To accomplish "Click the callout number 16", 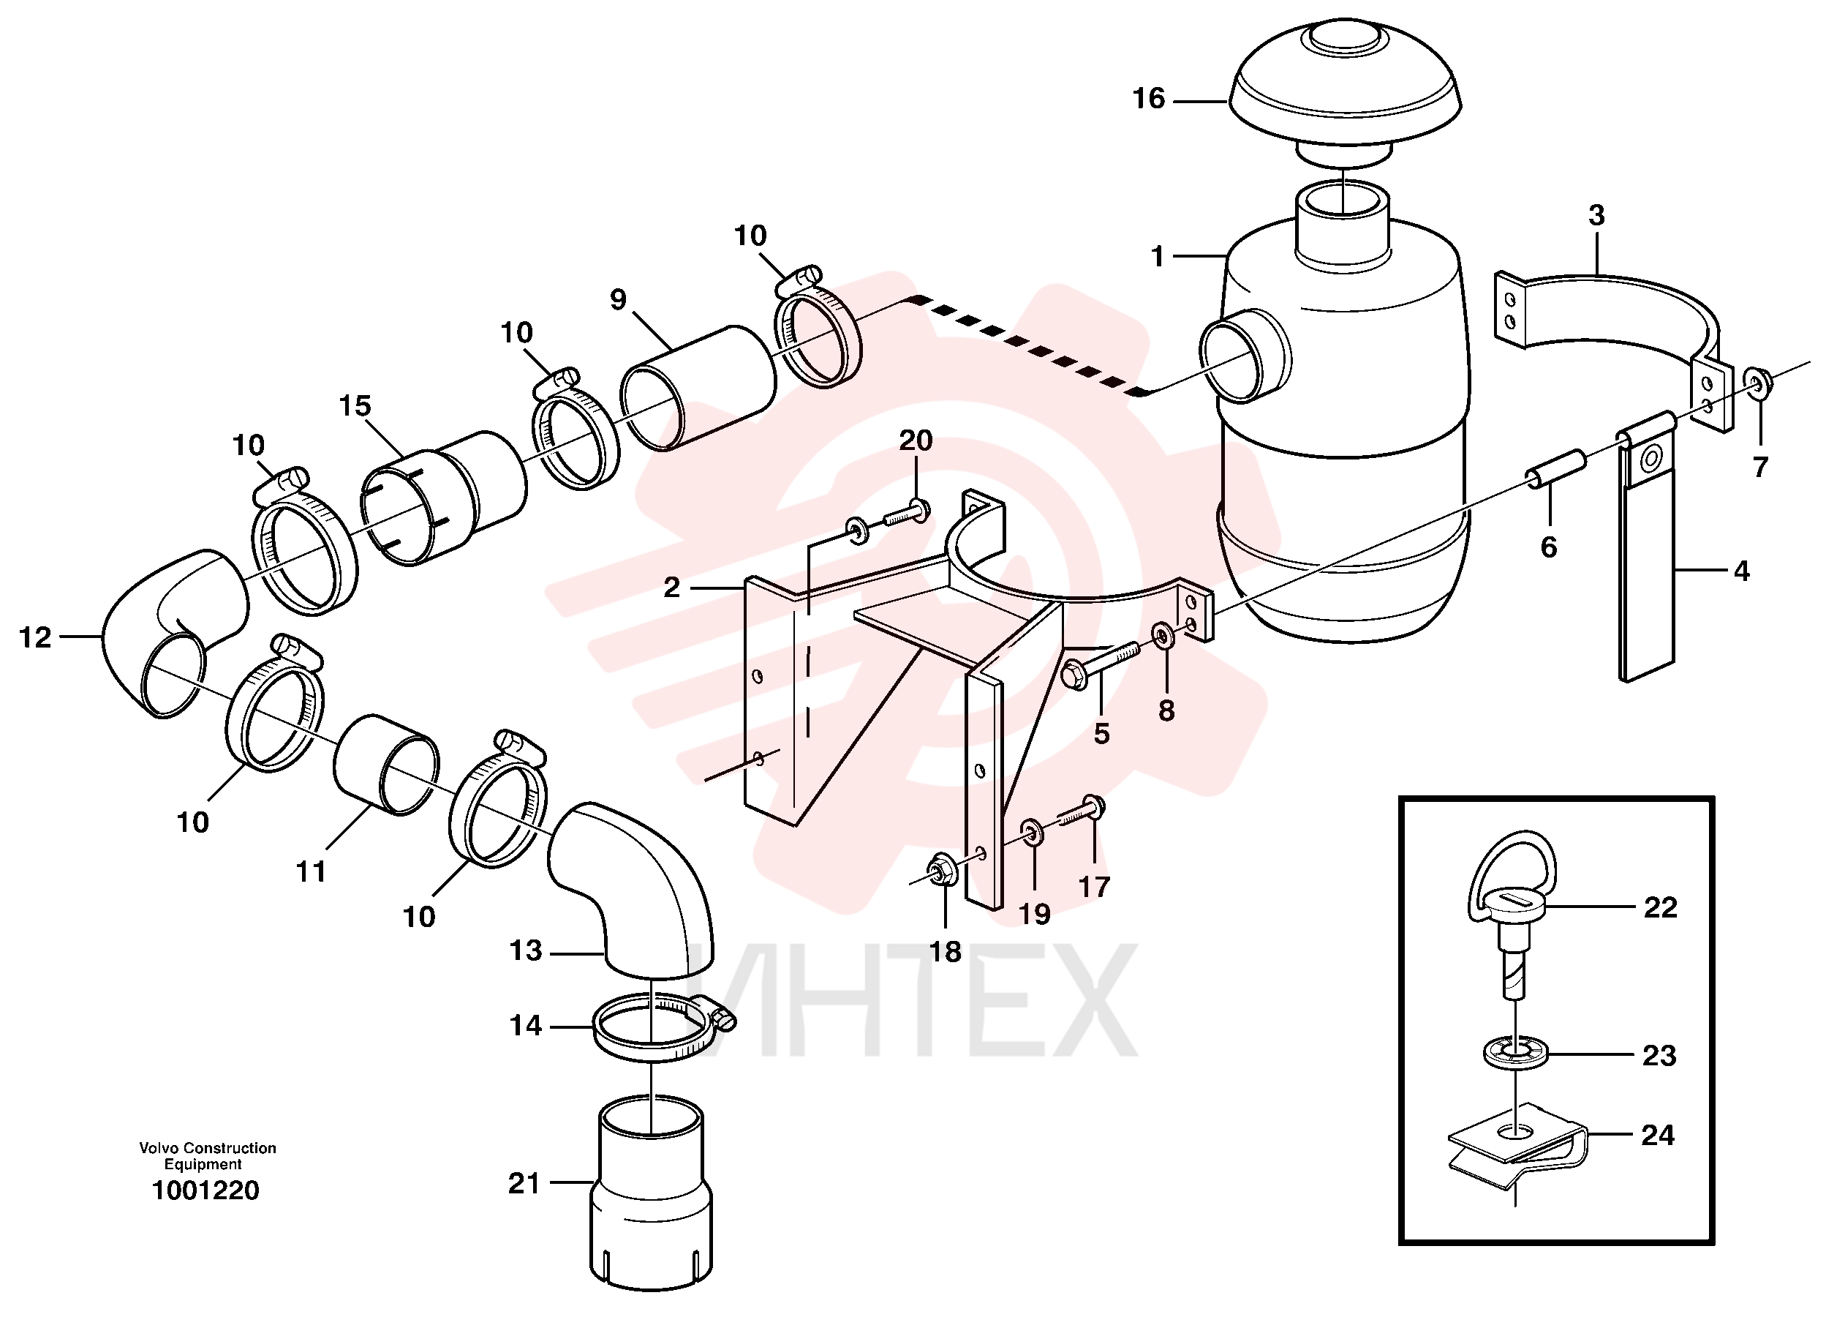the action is tap(1148, 98).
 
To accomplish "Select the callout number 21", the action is tap(524, 1183).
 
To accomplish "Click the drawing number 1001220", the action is tap(206, 1190).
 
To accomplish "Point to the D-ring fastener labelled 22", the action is tap(1512, 911).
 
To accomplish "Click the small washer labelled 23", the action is tap(1514, 1054).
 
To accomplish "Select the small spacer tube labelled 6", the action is tap(1555, 470).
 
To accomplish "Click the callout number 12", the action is tap(34, 638).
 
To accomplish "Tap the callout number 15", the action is tap(355, 406).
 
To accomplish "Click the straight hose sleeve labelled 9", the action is tap(697, 389).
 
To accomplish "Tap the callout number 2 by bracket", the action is tap(671, 588).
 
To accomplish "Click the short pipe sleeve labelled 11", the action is tap(386, 765).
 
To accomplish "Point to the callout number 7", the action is tap(1760, 467).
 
